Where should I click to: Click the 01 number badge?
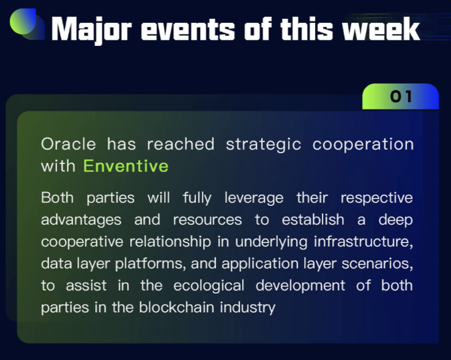pos(401,96)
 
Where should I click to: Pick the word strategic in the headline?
pos(263,144)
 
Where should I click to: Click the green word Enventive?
pos(126,166)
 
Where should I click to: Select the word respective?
pos(376,198)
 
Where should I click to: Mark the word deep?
pos(395,220)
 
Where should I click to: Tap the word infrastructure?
pos(363,242)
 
